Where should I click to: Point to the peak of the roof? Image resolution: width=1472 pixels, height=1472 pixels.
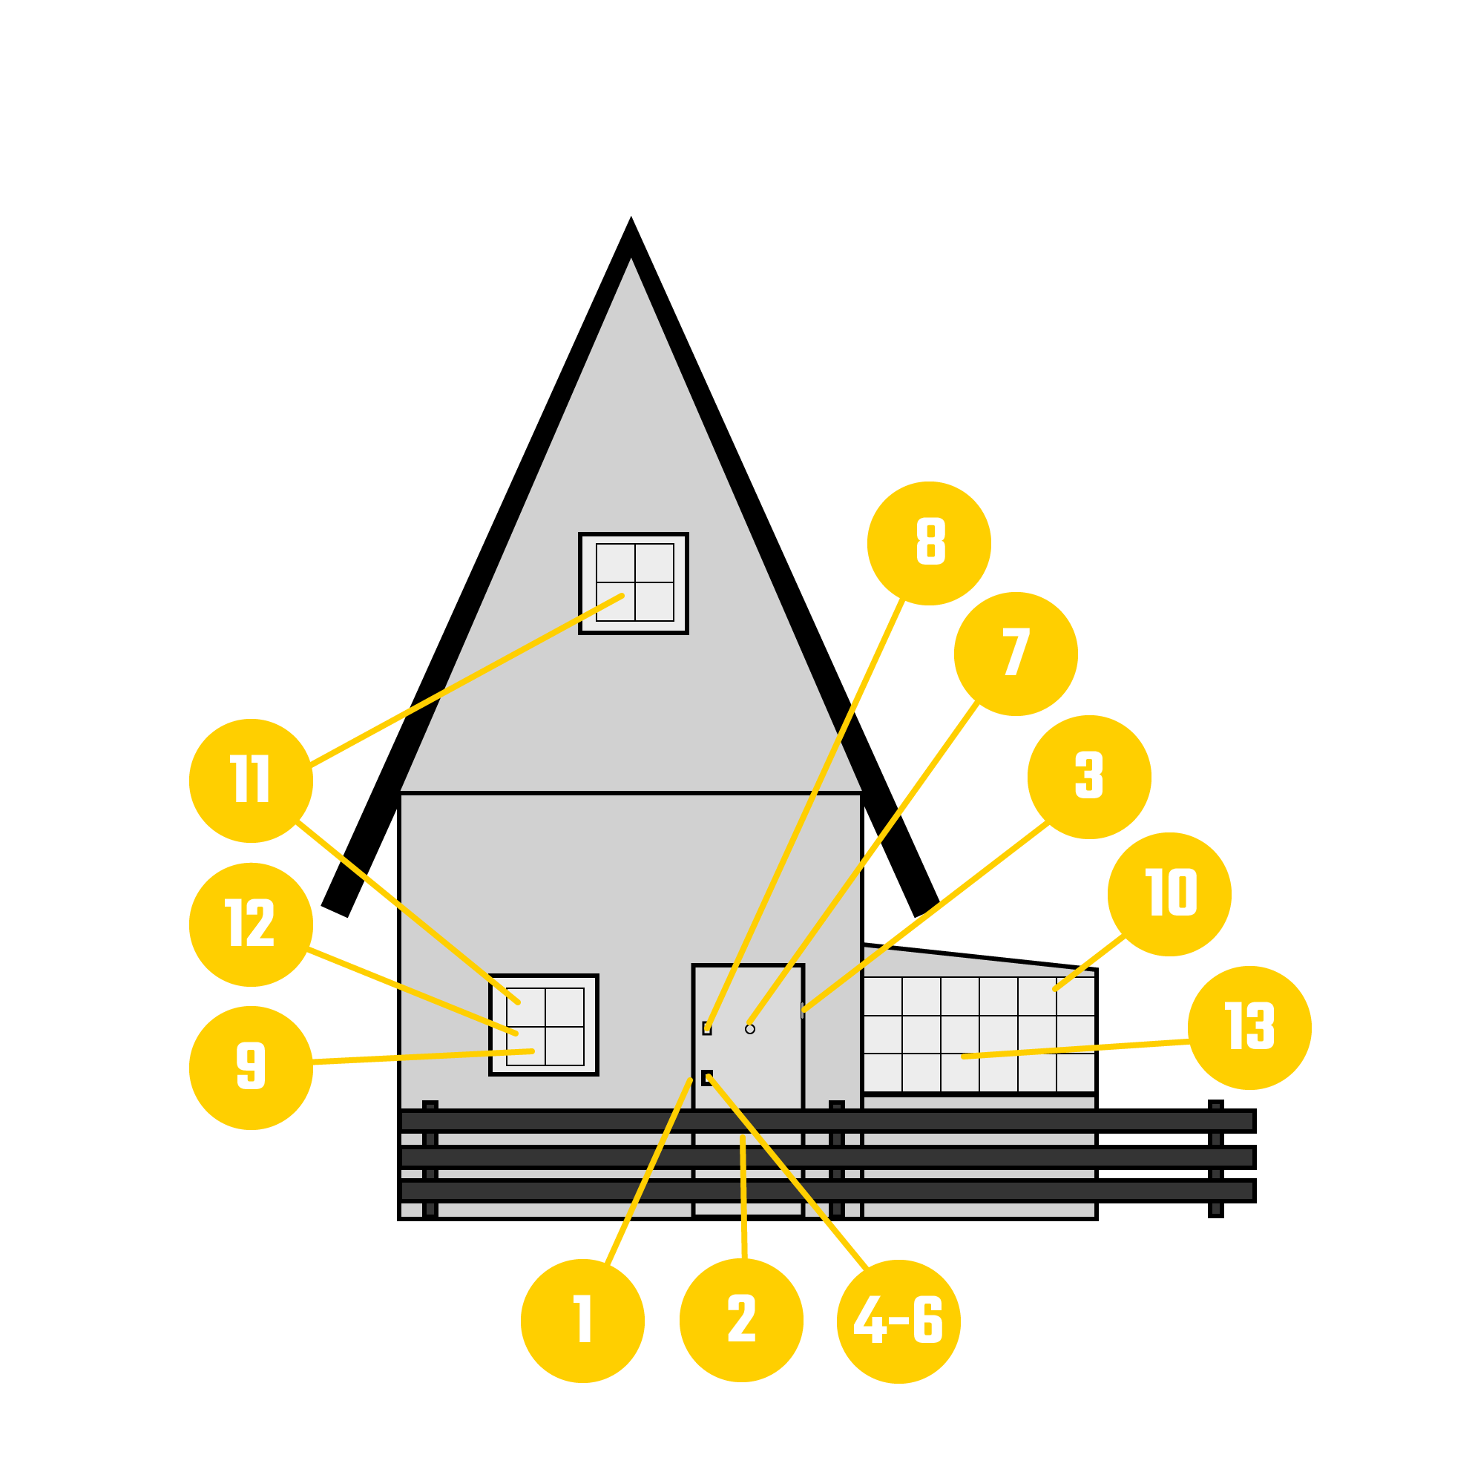tap(631, 217)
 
